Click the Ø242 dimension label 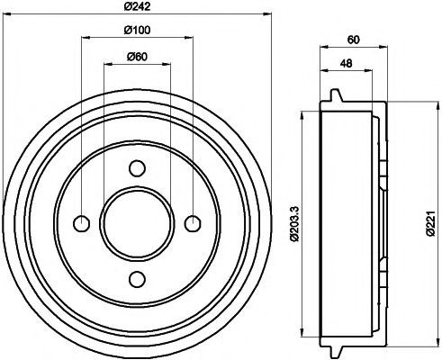tap(137, 6)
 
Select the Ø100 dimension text tap(137, 30)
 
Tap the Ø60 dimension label tap(137, 57)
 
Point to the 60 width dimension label tap(353, 40)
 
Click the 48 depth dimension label tap(346, 63)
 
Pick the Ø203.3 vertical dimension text tap(294, 224)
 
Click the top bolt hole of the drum tap(137, 168)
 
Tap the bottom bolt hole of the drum tap(137, 279)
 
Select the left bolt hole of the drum tap(82, 223)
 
